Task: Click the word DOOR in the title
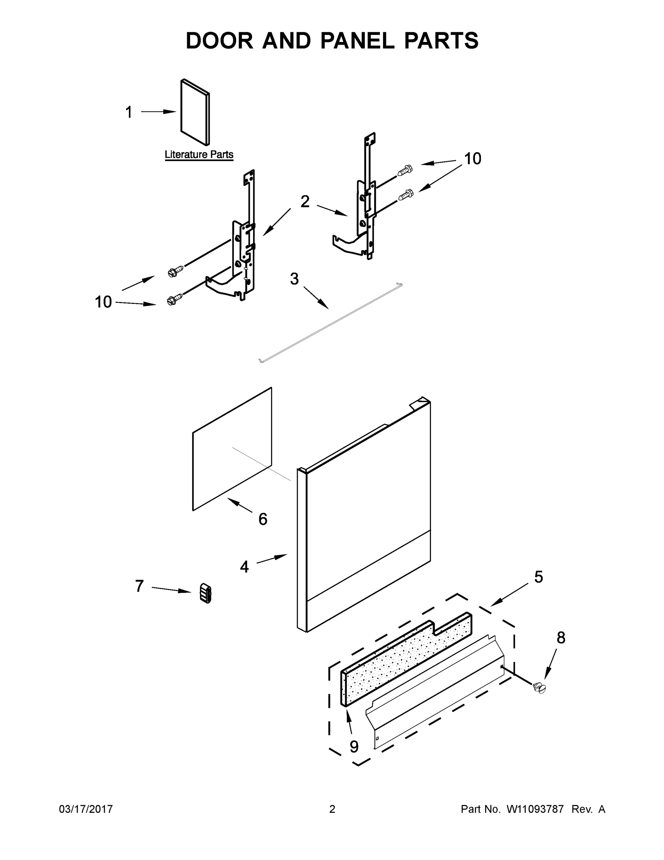(x=219, y=41)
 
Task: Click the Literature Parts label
(x=199, y=154)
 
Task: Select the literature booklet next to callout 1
(x=195, y=112)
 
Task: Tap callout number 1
(x=129, y=112)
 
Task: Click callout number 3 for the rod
(x=294, y=279)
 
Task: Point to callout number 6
(x=263, y=519)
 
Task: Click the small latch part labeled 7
(x=205, y=593)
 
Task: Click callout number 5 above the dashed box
(x=538, y=577)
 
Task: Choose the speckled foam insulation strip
(x=405, y=661)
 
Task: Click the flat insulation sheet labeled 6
(x=232, y=449)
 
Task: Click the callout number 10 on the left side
(x=103, y=302)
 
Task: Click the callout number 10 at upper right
(x=472, y=159)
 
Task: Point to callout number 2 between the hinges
(x=305, y=202)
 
